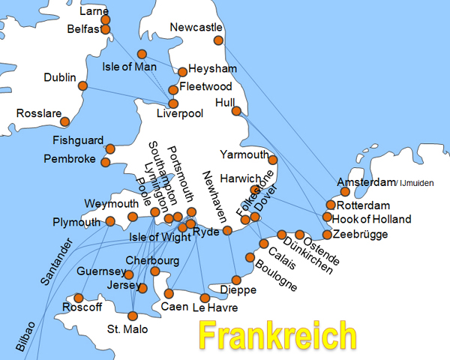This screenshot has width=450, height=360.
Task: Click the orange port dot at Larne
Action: [105, 19]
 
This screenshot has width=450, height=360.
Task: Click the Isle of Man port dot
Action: [142, 54]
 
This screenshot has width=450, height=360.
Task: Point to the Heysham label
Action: [211, 67]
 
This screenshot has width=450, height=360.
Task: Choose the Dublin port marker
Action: [82, 86]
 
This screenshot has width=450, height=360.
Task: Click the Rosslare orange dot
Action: [65, 121]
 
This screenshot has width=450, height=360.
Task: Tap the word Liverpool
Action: [180, 114]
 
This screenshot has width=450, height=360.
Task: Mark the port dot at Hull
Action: [236, 111]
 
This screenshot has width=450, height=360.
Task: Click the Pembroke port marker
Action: [105, 162]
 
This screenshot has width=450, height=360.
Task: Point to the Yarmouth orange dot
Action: [273, 160]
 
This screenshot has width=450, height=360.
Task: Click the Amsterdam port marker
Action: [345, 192]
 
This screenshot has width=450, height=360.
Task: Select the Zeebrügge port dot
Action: [327, 235]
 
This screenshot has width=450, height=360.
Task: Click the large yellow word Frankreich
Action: [277, 335]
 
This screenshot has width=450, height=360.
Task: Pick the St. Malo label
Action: [127, 330]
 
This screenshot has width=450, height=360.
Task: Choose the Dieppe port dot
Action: [236, 280]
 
